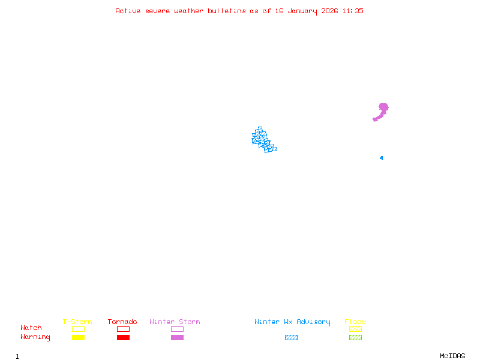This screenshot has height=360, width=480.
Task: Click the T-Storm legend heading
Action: pyautogui.click(x=77, y=322)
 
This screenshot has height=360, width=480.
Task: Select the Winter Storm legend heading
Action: pyautogui.click(x=175, y=322)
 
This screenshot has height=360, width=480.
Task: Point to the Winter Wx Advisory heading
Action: pyautogui.click(x=292, y=322)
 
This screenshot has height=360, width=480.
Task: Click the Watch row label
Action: pyautogui.click(x=31, y=328)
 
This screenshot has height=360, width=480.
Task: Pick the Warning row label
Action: pyautogui.click(x=35, y=337)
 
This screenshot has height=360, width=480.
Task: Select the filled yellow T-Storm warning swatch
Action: pyautogui.click(x=78, y=338)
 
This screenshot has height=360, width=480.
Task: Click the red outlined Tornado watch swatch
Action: pyautogui.click(x=123, y=329)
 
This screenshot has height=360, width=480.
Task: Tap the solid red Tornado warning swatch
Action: pyautogui.click(x=123, y=338)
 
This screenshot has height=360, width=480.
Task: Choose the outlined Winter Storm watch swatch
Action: pyautogui.click(x=177, y=329)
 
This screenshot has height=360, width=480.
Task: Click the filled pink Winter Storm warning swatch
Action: pyautogui.click(x=177, y=338)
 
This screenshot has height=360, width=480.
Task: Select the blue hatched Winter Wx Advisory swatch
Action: pyautogui.click(x=291, y=338)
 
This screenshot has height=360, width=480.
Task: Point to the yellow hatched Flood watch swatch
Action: pyautogui.click(x=355, y=329)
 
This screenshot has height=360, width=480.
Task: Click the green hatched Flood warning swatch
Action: pyautogui.click(x=355, y=338)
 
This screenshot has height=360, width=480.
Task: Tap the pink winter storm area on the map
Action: pyautogui.click(x=383, y=109)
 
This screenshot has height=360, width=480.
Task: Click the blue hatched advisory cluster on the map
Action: pyautogui.click(x=262, y=140)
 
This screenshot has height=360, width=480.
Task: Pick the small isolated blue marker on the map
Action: pyautogui.click(x=381, y=158)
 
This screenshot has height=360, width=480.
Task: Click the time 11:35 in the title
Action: pyautogui.click(x=353, y=11)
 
